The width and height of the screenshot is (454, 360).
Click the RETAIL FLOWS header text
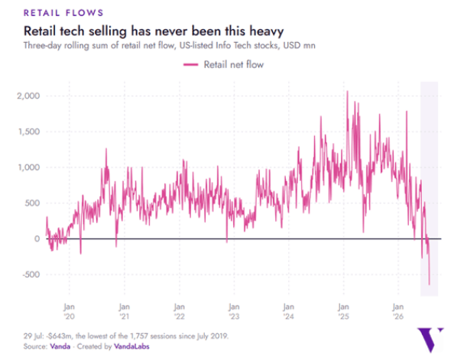click(x=63, y=13)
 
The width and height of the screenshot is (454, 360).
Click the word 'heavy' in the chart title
click(x=267, y=31)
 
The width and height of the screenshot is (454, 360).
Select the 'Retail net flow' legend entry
click(x=223, y=64)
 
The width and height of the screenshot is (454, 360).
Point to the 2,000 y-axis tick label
click(x=28, y=96)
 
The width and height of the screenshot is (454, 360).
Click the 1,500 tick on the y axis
click(x=29, y=131)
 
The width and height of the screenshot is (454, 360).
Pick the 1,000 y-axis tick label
click(x=29, y=167)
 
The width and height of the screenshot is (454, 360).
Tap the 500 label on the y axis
click(x=32, y=203)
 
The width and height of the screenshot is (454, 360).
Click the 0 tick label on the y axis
click(x=37, y=239)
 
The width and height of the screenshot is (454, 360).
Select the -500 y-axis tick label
click(x=31, y=274)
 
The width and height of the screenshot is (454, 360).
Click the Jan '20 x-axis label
click(x=70, y=311)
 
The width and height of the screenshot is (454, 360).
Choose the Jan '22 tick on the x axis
click(x=179, y=311)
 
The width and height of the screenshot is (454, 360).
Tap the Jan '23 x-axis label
click(x=234, y=311)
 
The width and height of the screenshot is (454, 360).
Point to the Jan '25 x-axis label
click(x=343, y=311)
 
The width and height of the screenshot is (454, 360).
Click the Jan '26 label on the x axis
click(x=398, y=311)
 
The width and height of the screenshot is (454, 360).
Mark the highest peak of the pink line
click(x=348, y=91)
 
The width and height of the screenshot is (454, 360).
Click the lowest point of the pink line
click(x=429, y=284)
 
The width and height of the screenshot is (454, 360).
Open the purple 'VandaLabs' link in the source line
click(x=131, y=346)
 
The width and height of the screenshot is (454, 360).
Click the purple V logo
click(x=430, y=339)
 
